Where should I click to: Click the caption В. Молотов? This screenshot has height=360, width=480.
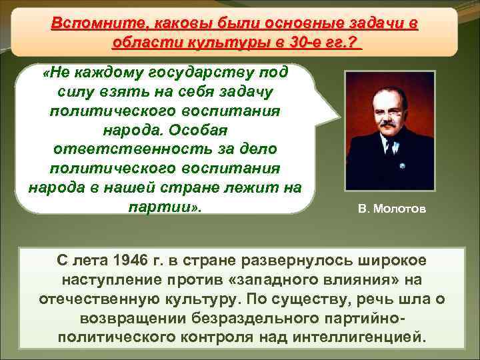(x=389, y=211)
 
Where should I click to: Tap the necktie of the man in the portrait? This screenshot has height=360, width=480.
(x=389, y=156)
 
